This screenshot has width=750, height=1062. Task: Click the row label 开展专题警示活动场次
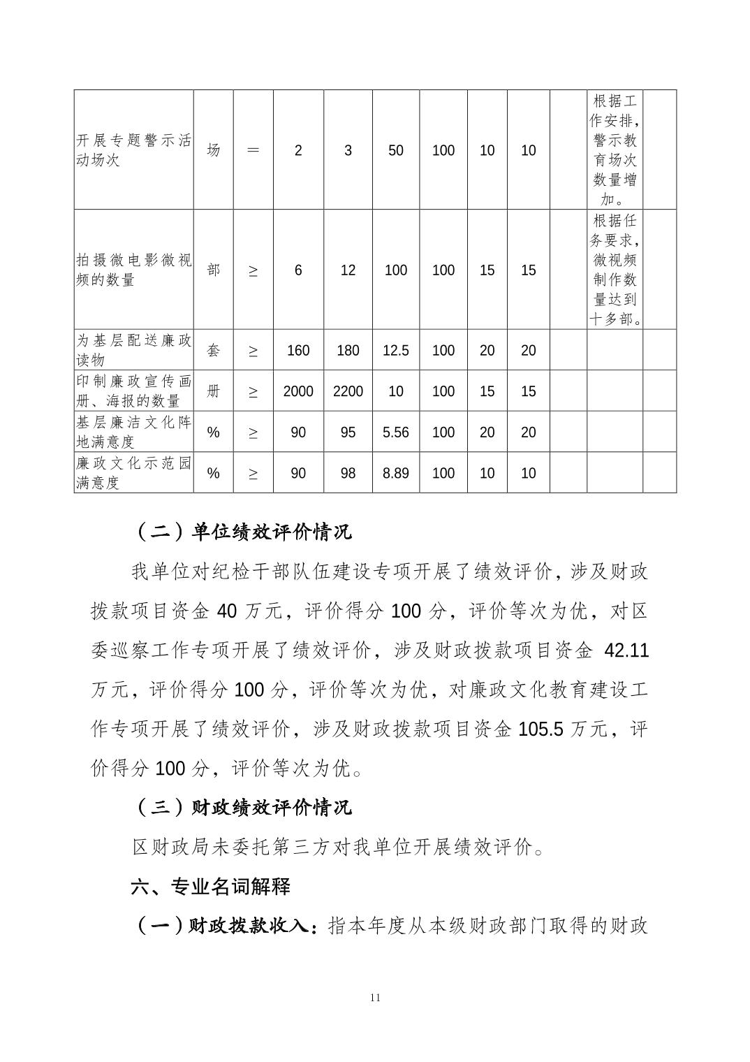(x=133, y=150)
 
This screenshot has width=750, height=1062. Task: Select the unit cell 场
(x=214, y=150)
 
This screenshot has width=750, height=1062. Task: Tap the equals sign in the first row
(x=253, y=150)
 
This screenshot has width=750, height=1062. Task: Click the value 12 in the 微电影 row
(x=348, y=270)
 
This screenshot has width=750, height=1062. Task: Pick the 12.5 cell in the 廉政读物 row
(x=395, y=351)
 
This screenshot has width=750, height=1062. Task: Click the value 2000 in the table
(x=298, y=391)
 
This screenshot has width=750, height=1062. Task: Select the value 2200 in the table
(x=348, y=391)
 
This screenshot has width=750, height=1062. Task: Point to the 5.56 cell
(x=395, y=432)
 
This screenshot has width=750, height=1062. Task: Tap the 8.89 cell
(x=395, y=473)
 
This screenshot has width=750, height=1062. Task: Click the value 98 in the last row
(x=348, y=473)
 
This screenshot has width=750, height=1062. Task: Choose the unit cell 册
(x=214, y=391)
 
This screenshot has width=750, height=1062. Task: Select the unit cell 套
(x=214, y=351)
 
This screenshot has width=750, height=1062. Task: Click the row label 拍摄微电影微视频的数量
(x=133, y=270)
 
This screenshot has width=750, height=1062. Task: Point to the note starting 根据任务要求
(x=615, y=270)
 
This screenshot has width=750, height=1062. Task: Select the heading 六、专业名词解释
(x=210, y=887)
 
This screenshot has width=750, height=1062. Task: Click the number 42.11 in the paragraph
(x=626, y=651)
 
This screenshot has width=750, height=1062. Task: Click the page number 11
(x=375, y=998)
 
